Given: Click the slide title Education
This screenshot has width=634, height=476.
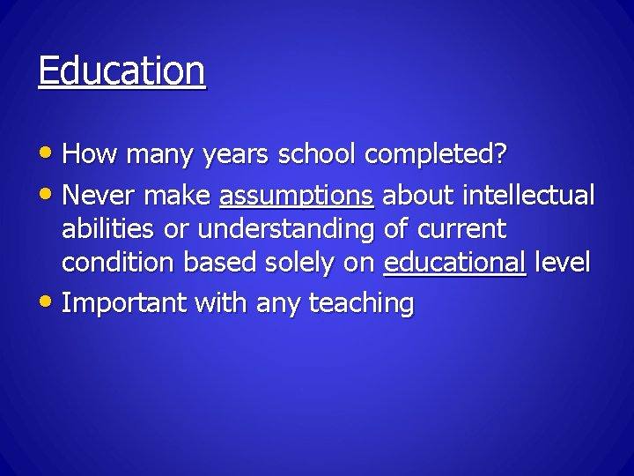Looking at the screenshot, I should point(122,71).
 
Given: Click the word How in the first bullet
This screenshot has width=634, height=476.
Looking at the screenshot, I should point(89,155).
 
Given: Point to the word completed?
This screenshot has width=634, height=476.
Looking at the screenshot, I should point(436,156).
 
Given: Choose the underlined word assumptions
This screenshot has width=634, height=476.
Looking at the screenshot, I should point(297,194).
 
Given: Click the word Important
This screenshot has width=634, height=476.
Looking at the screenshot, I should point(125,304).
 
